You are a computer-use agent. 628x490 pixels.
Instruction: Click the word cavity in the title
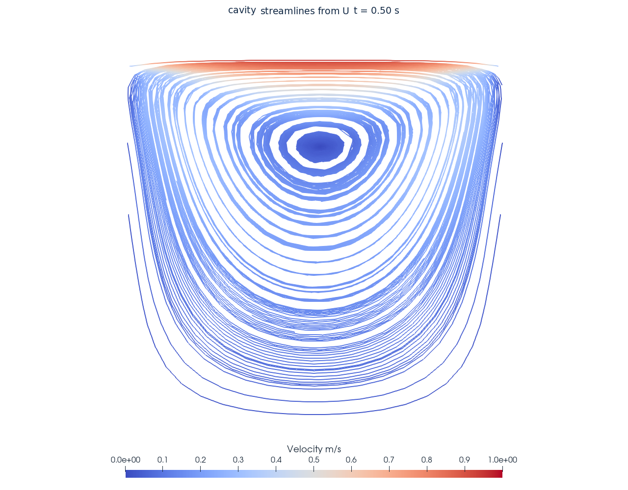coord(242,10)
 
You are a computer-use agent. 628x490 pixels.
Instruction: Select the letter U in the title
coord(346,11)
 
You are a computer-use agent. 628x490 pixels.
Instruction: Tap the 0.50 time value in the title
coord(381,11)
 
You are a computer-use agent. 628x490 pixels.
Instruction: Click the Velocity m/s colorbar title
coord(314,449)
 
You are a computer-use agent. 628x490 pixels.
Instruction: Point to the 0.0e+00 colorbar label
coord(126,460)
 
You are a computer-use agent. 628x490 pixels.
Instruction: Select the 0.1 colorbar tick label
coord(162,460)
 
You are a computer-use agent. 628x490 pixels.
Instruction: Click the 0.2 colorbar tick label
coord(200,460)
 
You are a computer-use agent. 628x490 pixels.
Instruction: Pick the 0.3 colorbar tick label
coord(238,460)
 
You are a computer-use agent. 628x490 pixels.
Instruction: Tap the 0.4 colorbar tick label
coord(276,460)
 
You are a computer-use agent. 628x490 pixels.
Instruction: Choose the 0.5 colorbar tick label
coord(314,460)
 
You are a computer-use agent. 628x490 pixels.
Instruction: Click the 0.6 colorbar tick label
coord(351,460)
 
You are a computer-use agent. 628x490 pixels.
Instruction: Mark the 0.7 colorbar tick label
coord(389,460)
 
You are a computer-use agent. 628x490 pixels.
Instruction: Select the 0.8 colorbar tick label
coord(427,460)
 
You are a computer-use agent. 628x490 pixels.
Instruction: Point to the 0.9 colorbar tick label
coord(465,460)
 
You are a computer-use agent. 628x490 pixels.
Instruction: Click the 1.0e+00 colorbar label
coord(502,460)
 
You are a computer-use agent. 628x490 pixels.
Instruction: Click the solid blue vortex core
coord(320,147)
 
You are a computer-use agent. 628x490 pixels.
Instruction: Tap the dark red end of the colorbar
coord(499,474)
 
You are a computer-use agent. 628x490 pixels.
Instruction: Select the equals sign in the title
coord(364,11)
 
